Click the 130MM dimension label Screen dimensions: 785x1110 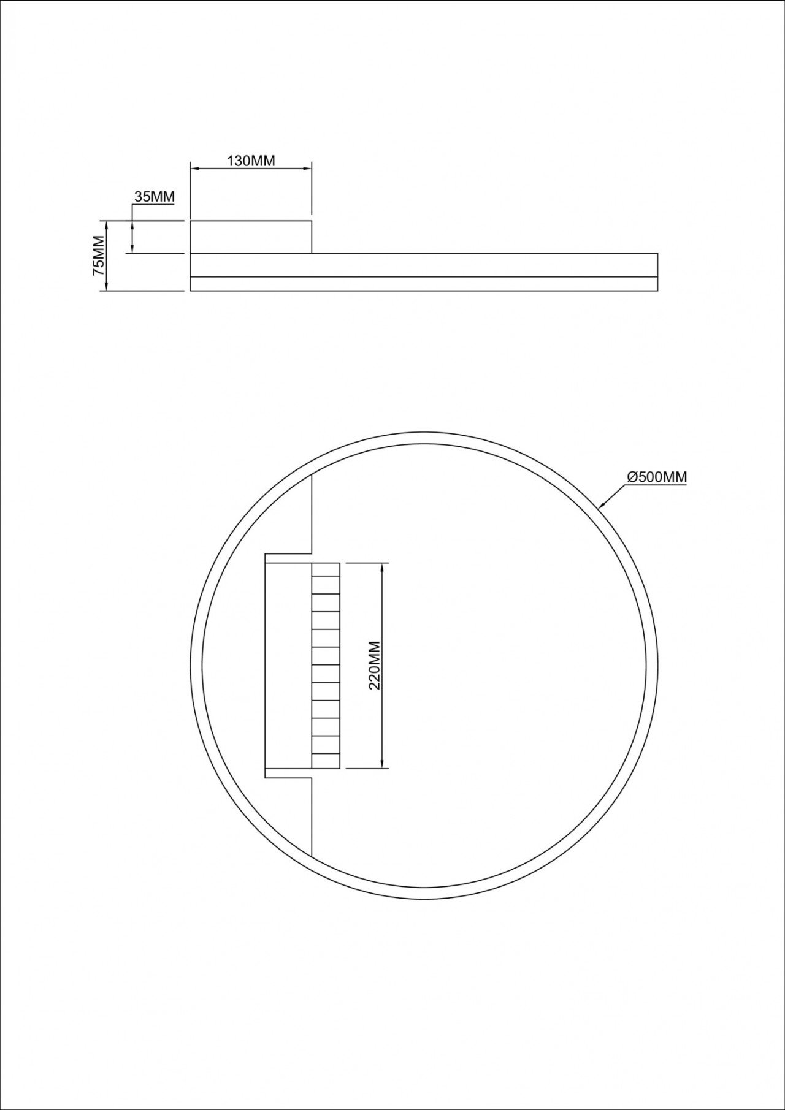[251, 161]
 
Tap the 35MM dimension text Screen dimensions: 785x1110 [155, 197]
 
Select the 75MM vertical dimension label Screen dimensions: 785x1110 [99, 255]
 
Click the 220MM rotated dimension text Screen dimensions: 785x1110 [375, 665]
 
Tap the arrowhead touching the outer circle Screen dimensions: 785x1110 [602, 504]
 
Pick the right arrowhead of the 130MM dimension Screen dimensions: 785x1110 [306, 167]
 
